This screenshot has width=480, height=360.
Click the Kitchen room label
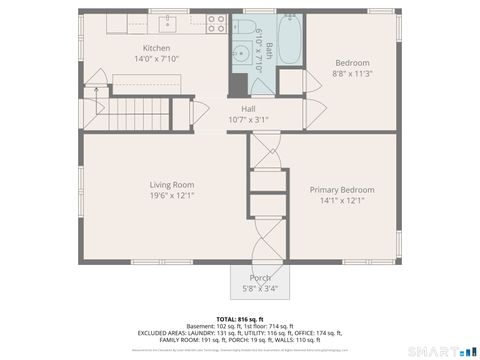[x=156, y=48]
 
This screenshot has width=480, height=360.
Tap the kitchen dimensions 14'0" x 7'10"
[x=156, y=58]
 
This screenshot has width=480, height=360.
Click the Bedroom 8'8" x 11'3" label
[x=351, y=63]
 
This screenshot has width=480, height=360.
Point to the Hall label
[x=248, y=109]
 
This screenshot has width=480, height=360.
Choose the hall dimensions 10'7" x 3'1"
[x=248, y=119]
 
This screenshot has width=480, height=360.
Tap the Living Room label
[x=172, y=185]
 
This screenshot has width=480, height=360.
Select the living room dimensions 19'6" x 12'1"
[x=172, y=195]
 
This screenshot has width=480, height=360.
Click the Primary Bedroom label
[x=342, y=190]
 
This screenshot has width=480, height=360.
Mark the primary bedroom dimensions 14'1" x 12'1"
[x=342, y=200]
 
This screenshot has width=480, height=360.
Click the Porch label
[x=260, y=279]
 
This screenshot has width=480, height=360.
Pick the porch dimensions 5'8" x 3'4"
[x=260, y=289]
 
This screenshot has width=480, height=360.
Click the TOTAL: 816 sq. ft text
[x=240, y=318]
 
